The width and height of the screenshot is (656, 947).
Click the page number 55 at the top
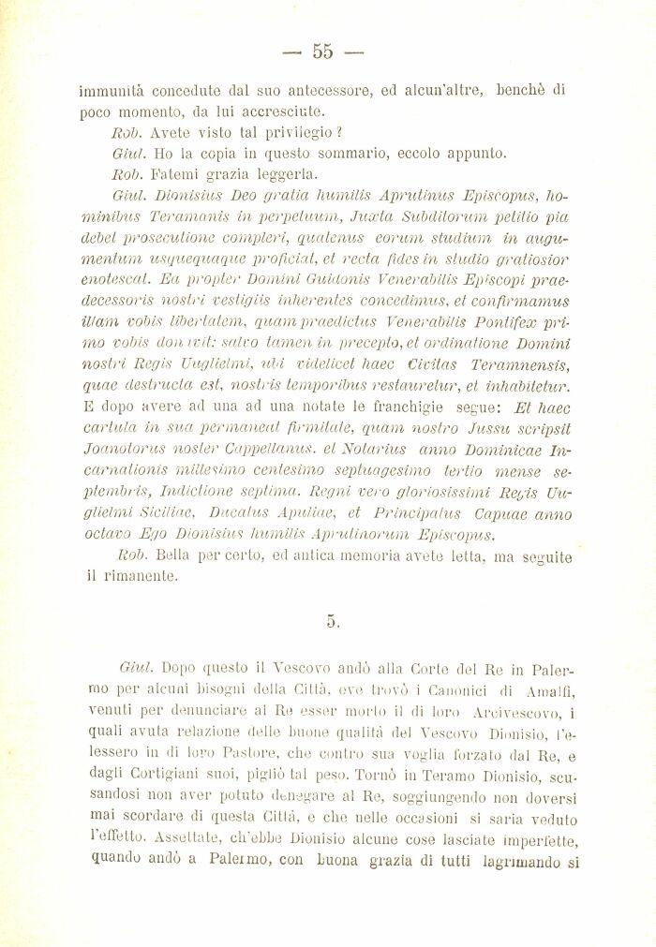tap(323, 51)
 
